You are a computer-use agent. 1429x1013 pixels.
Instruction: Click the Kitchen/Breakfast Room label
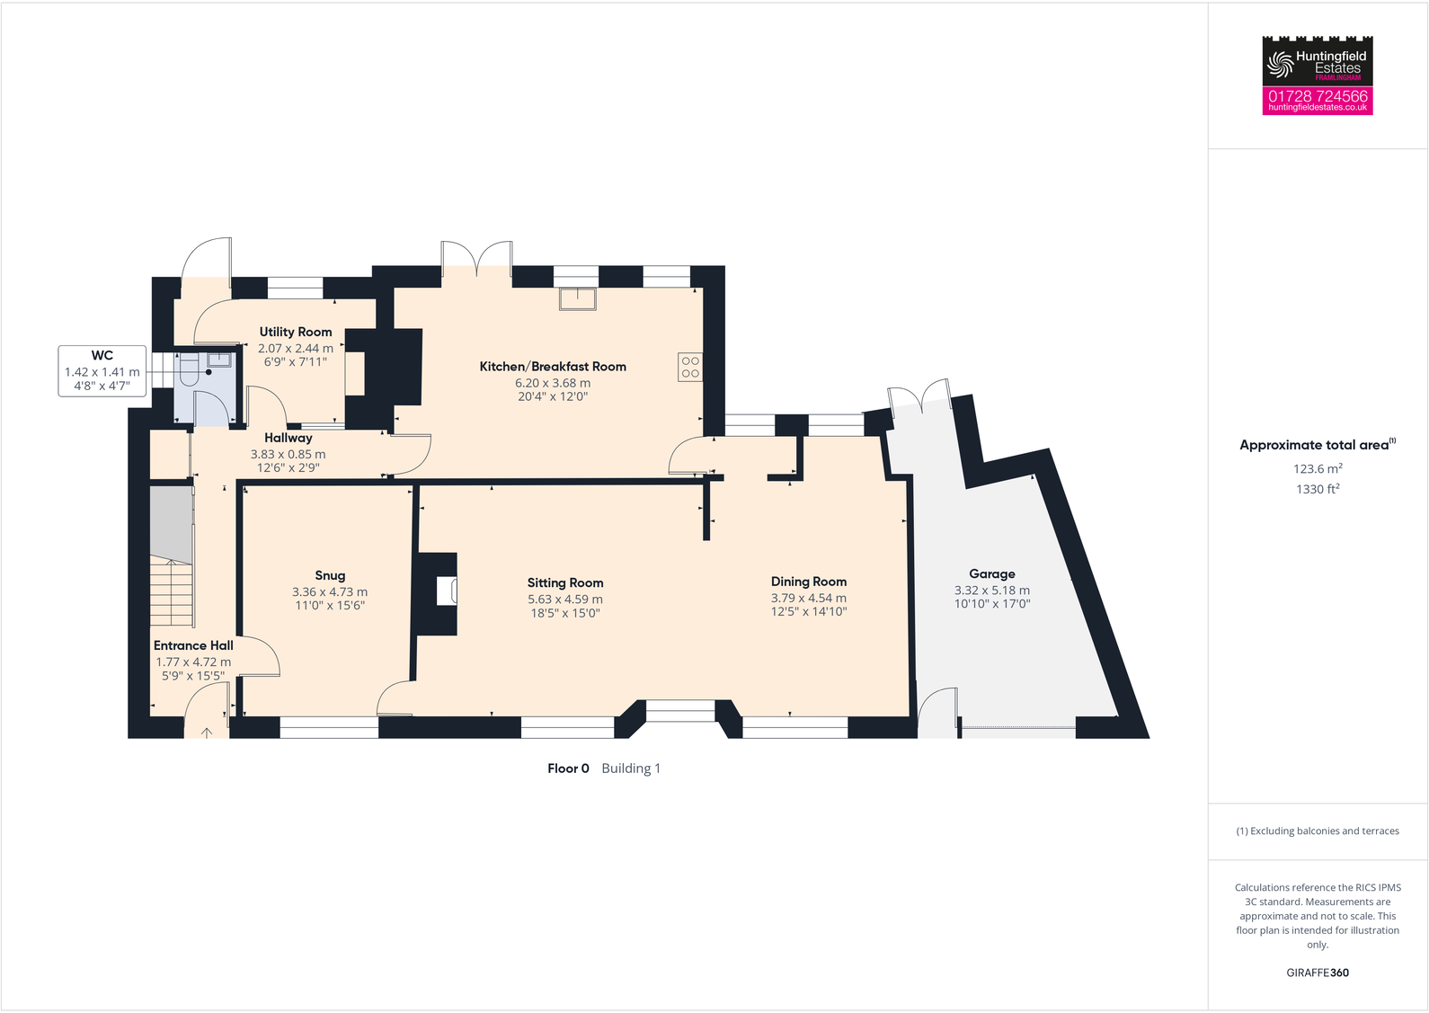[552, 367]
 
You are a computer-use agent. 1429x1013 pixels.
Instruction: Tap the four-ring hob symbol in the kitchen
[689, 367]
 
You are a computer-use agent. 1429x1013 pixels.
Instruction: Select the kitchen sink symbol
[577, 298]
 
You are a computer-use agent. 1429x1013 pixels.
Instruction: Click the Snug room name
[330, 576]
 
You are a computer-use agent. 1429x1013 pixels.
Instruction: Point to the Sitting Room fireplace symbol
[447, 591]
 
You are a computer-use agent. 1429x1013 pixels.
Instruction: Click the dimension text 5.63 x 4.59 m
[564, 600]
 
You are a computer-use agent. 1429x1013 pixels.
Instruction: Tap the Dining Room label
[808, 582]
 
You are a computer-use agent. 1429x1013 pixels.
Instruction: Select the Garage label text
[991, 574]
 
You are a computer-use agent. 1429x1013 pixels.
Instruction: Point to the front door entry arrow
[207, 733]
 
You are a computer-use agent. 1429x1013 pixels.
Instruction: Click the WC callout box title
[102, 356]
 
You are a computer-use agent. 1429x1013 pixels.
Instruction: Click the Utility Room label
[296, 333]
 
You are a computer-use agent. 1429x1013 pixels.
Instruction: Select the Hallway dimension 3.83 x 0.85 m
[288, 455]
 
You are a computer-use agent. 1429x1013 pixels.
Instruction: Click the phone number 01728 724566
[1317, 95]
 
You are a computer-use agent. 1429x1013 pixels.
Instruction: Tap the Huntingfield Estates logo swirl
[1278, 64]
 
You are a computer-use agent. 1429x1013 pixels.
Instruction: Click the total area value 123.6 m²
[1317, 469]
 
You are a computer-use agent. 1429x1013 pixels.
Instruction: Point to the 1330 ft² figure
[1317, 489]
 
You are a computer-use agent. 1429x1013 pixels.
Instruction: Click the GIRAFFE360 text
[1317, 973]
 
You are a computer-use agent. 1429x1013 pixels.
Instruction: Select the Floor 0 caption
[568, 769]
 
